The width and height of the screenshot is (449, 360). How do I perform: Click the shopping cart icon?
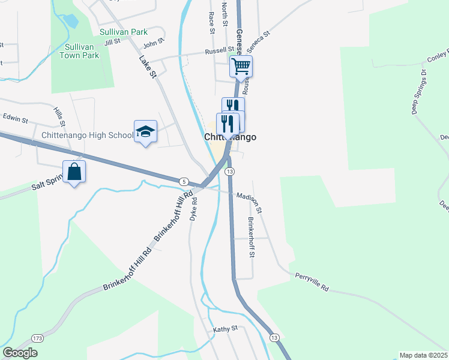tap(241, 66)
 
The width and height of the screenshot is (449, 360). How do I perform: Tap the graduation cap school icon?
tap(145, 131)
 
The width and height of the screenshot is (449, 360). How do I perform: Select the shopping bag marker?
tap(74, 172)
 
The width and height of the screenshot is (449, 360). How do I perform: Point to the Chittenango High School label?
tap(87, 135)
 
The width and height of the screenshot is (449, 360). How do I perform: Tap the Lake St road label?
tap(147, 67)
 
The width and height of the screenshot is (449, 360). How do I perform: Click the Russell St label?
tap(219, 51)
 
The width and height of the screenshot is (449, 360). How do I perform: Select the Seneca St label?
tap(260, 38)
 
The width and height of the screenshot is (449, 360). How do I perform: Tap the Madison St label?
tap(249, 202)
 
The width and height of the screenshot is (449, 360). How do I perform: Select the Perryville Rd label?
tap(312, 283)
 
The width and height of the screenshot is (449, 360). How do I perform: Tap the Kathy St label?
tap(226, 329)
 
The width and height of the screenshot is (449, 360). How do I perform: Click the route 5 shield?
tap(182, 181)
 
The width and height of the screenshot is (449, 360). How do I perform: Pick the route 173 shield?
tap(38, 339)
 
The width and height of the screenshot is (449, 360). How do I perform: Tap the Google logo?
tap(20, 353)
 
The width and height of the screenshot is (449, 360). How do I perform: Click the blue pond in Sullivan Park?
tap(71, 21)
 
